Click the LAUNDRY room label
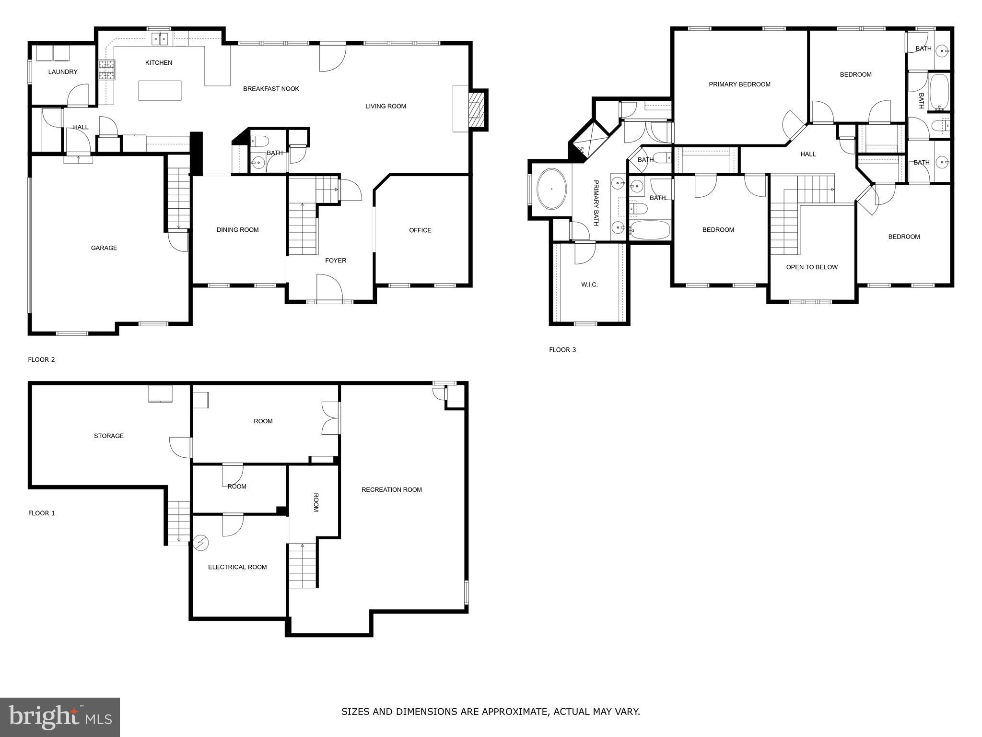[x=63, y=72]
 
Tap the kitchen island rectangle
[x=160, y=90]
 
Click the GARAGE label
[x=104, y=248]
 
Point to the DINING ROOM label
[x=237, y=230]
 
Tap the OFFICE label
[x=420, y=230]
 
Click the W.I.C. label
[x=589, y=285]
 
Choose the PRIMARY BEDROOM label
[x=739, y=84]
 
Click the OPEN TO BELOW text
[x=812, y=267]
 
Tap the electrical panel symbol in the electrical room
[x=201, y=543]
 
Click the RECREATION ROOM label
[x=391, y=490]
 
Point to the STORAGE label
[x=109, y=436]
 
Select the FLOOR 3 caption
[x=562, y=350]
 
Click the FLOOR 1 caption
[x=42, y=513]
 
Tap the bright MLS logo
[x=60, y=717]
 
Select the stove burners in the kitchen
[x=106, y=70]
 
